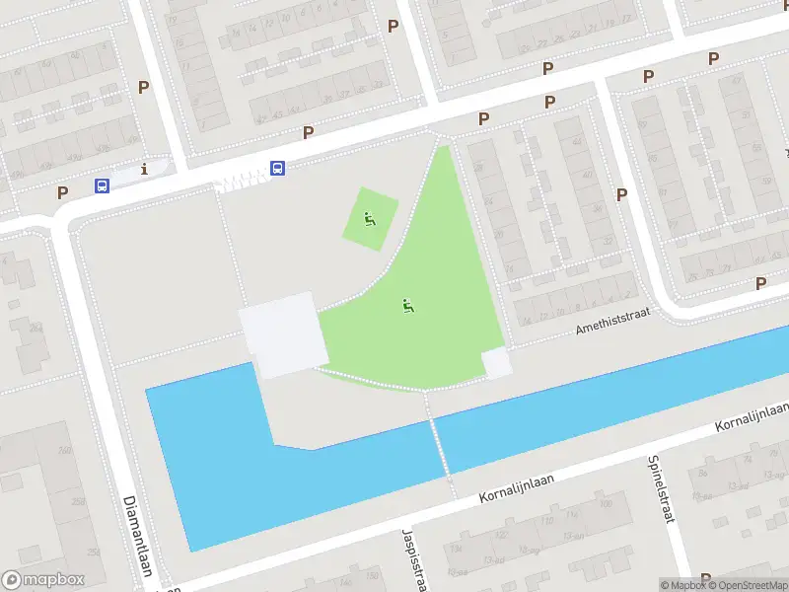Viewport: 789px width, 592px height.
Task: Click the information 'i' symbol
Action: pyautogui.click(x=145, y=169)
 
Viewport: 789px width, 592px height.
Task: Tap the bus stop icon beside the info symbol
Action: pyautogui.click(x=102, y=185)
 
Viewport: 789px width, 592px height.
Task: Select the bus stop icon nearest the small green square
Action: pyautogui.click(x=278, y=168)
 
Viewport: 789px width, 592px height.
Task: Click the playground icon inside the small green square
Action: pyautogui.click(x=370, y=219)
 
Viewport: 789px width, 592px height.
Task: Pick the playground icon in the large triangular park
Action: pyautogui.click(x=407, y=306)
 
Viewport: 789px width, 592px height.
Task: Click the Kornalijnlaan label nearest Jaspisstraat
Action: pyautogui.click(x=519, y=482)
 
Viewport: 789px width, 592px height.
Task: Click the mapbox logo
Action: pyautogui.click(x=43, y=580)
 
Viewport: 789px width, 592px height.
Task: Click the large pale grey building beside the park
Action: pyautogui.click(x=284, y=333)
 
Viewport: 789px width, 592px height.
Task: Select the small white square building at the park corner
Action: pyautogui.click(x=496, y=363)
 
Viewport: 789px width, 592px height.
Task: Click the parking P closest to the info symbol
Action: pyautogui.click(x=143, y=87)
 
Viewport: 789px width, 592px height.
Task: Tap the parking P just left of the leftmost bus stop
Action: pyautogui.click(x=62, y=192)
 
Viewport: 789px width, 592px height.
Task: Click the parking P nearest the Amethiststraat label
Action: pyautogui.click(x=621, y=194)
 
